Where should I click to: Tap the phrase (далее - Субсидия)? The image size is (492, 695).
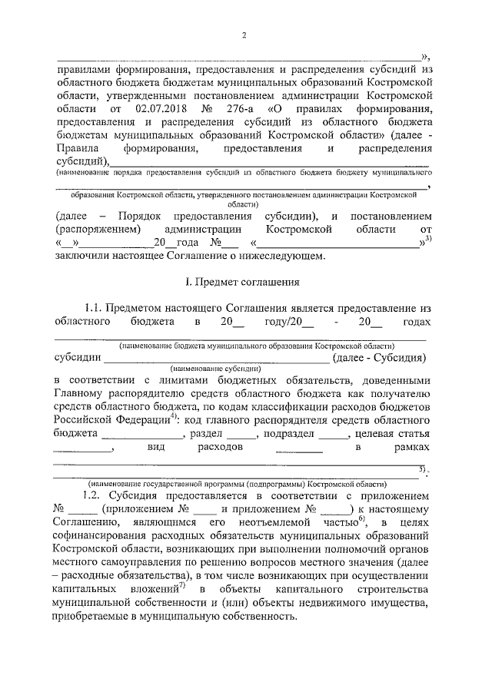tap(378, 357)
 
